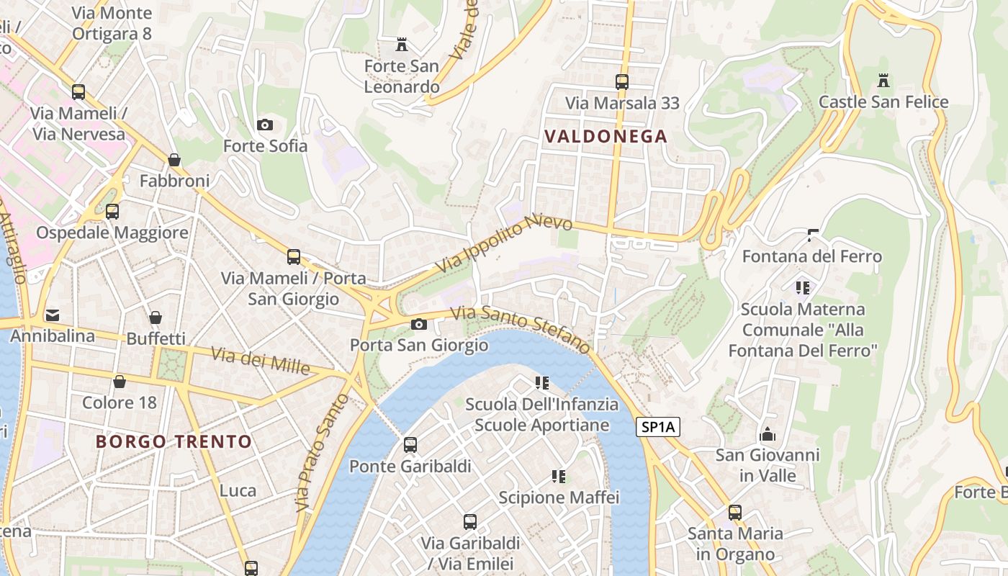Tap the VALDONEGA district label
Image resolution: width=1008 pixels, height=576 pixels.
(606, 136)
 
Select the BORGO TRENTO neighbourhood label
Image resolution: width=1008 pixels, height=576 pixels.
(174, 441)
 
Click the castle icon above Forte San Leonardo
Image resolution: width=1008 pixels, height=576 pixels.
(402, 45)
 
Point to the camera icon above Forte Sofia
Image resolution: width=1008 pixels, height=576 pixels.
(265, 125)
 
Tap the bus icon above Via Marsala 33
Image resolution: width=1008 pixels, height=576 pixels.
(622, 82)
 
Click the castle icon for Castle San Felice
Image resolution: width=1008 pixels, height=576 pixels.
(883, 80)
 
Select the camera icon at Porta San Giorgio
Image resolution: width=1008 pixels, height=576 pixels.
(418, 324)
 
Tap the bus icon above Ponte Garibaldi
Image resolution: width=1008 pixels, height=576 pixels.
(410, 445)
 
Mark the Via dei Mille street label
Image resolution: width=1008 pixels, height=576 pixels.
(261, 361)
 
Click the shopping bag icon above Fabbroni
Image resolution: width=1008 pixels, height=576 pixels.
(174, 159)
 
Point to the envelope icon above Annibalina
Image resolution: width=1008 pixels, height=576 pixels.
(53, 315)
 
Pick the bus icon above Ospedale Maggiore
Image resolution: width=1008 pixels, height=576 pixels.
(112, 212)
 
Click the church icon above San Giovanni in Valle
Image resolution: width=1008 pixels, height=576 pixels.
(768, 434)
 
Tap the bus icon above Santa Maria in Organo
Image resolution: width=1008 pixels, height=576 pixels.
(735, 513)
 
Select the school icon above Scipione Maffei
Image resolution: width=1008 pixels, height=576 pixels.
(559, 476)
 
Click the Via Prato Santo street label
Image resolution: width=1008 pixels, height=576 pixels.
(322, 453)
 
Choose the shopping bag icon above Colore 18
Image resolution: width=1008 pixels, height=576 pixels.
(120, 381)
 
